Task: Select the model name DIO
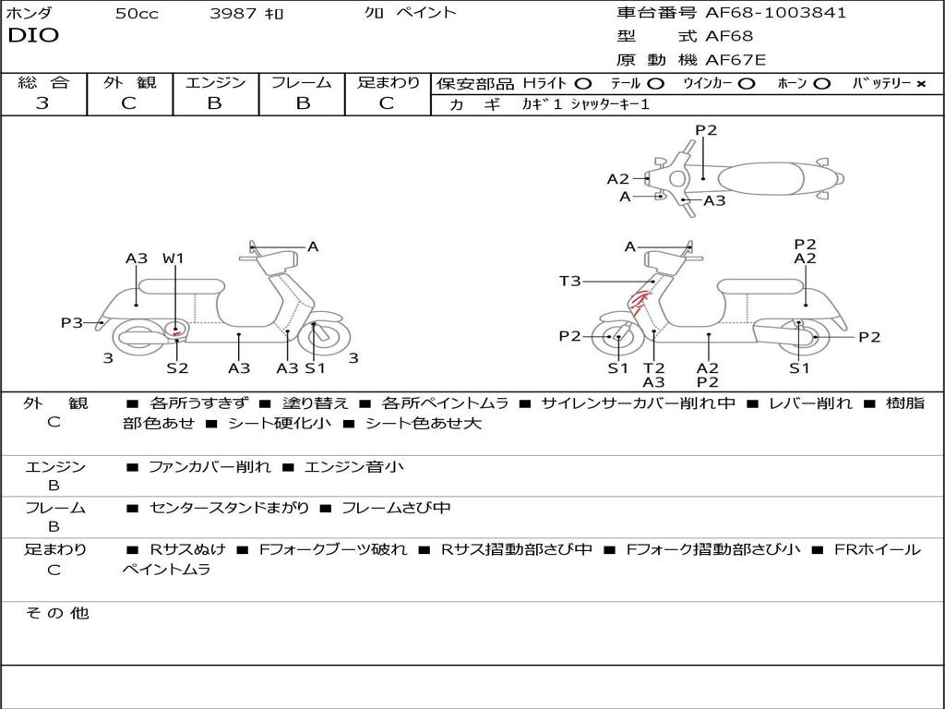point(33,36)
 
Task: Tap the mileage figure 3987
point(234,14)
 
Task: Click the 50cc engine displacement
point(137,14)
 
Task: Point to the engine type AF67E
point(735,61)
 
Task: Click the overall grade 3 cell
point(42,103)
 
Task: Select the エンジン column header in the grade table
point(215,82)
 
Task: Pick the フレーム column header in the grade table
point(301,82)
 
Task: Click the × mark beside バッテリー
point(920,83)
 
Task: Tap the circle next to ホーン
point(822,83)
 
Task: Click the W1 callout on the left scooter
point(173,258)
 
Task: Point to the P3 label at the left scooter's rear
point(71,323)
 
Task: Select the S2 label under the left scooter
point(177,368)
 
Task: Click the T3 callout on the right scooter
point(569,281)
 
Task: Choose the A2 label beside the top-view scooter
point(617,179)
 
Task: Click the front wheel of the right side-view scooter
point(616,338)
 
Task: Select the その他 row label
point(56,613)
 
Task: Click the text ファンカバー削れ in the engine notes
point(209,467)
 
